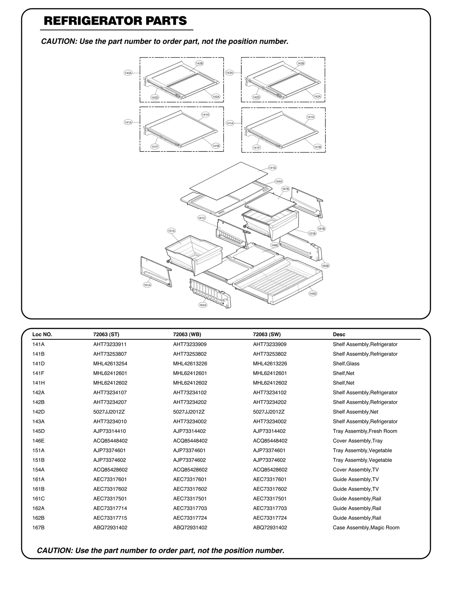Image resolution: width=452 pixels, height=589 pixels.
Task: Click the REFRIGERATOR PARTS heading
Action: pos(115,21)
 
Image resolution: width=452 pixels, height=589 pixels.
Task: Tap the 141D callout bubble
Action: pos(272,168)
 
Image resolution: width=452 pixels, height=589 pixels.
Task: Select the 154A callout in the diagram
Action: pos(279,181)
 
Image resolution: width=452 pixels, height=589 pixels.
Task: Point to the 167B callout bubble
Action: pos(285,189)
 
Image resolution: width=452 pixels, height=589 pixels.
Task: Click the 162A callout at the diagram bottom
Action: pos(203,305)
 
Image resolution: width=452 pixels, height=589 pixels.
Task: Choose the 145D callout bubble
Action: pos(313,294)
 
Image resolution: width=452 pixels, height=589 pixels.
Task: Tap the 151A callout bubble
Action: pos(171,231)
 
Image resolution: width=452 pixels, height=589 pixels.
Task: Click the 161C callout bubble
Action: pos(201,218)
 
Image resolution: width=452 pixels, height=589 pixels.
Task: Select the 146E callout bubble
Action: pos(275,245)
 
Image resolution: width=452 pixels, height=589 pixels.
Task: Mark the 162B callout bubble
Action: pos(325,266)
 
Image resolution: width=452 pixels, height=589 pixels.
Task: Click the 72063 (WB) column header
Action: pos(187,334)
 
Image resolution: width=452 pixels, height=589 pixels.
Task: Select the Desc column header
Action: pos(339,334)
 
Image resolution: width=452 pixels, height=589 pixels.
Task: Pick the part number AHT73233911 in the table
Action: pos(110,344)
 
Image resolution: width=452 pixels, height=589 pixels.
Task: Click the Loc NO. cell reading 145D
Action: pos(38,431)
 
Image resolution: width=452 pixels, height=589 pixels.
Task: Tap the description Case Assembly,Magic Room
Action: pos(366,527)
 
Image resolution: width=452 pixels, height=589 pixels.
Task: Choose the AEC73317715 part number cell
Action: pos(110,518)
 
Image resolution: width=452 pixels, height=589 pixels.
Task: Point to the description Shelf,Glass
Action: pos(346,363)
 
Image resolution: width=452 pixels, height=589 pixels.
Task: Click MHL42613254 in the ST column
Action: pos(110,363)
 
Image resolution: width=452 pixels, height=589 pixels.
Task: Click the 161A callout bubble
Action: pos(147,285)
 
